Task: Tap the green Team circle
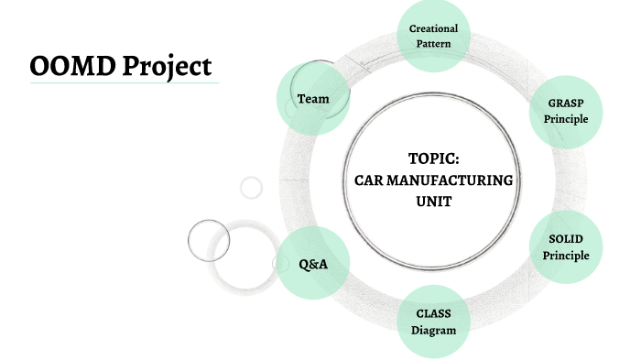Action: tap(313, 98)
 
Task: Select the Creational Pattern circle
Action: tap(433, 36)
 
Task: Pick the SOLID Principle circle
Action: tap(565, 247)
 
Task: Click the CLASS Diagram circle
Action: tap(433, 322)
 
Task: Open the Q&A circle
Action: tap(313, 264)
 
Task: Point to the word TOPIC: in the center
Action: tap(433, 158)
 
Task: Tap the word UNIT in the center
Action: tap(433, 202)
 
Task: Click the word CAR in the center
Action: tap(369, 180)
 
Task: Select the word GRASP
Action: tap(565, 104)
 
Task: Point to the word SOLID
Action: tap(565, 239)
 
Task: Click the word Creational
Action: tap(433, 28)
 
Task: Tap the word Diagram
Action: tap(433, 330)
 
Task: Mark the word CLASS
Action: tap(433, 313)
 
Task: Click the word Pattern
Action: tap(433, 44)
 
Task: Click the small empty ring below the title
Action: tap(251, 188)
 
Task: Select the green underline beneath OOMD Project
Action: tap(125, 83)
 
